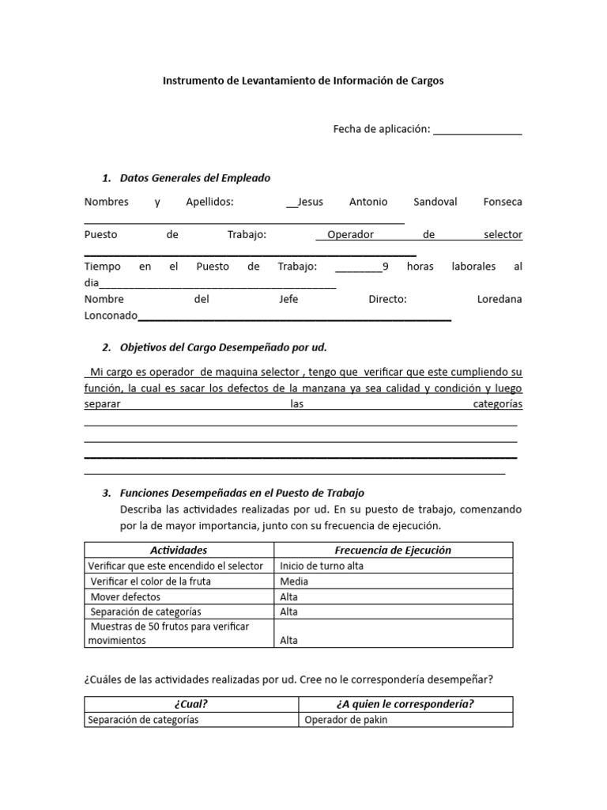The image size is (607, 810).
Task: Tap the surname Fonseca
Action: (502, 202)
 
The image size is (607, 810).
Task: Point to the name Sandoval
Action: (435, 202)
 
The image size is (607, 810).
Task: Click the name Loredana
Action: (500, 300)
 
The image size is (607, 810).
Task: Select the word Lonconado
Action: (111, 316)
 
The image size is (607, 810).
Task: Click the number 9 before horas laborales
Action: (385, 267)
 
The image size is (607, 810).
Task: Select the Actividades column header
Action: (179, 550)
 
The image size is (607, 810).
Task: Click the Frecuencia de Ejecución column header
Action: (393, 550)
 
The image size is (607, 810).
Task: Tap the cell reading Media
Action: (294, 581)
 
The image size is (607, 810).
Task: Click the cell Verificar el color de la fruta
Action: (151, 581)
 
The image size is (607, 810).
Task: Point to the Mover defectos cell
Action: (125, 596)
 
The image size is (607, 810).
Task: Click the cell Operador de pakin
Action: (346, 720)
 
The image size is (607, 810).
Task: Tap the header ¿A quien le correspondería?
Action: (405, 705)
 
